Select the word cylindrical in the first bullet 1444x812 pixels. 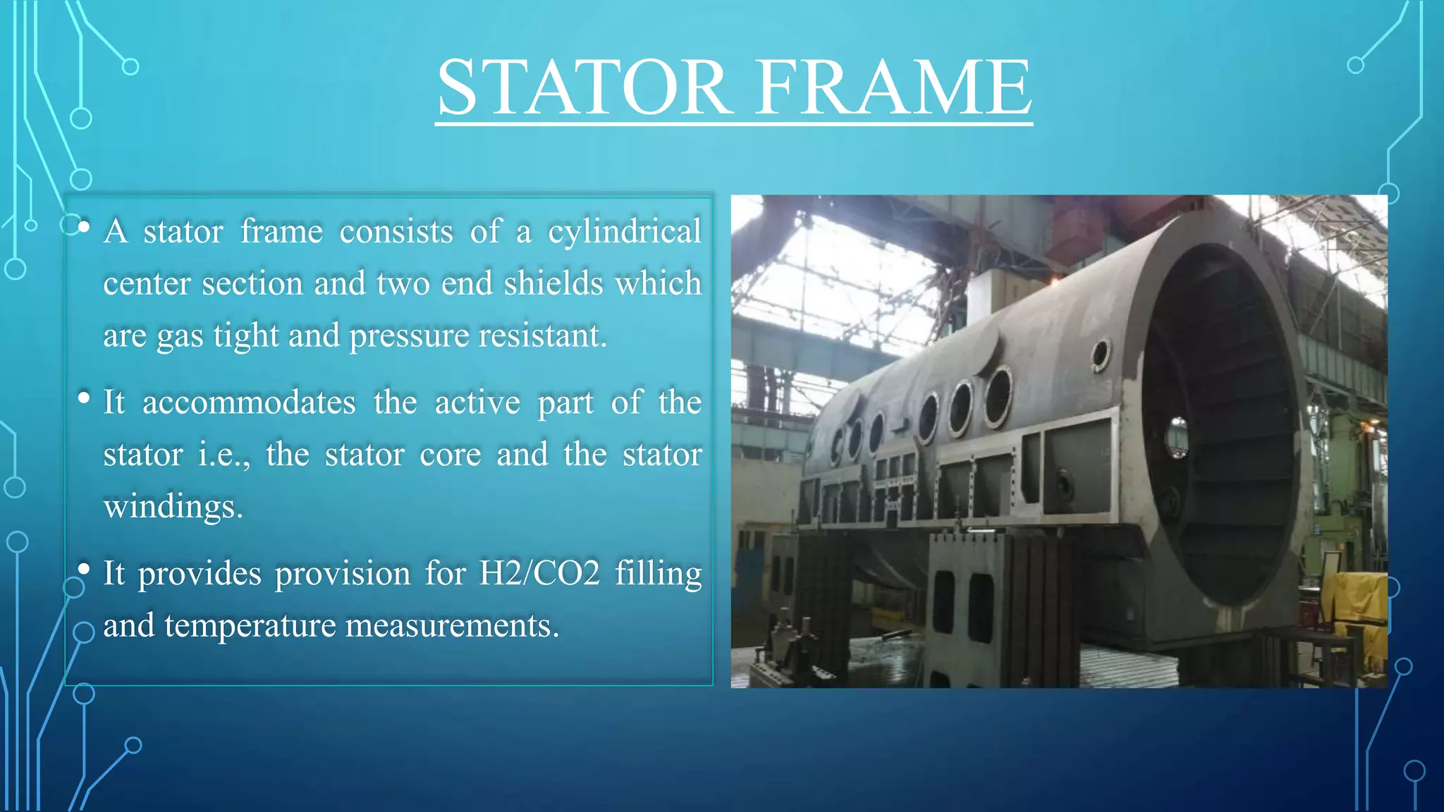click(x=625, y=232)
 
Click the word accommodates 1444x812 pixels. click(x=249, y=402)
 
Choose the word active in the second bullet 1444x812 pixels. click(x=477, y=402)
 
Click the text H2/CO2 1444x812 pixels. click(x=539, y=573)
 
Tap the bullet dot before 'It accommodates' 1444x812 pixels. click(x=84, y=398)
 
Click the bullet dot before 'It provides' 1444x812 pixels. click(x=84, y=568)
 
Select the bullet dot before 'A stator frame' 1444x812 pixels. click(x=84, y=227)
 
